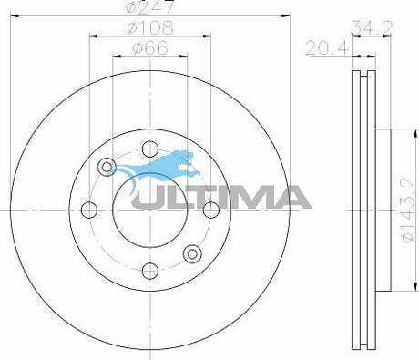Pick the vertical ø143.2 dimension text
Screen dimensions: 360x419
tap(408, 210)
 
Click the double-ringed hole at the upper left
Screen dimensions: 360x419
tap(107, 166)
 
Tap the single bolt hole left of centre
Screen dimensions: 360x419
tap(89, 211)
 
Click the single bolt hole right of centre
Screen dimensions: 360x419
tap(210, 211)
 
